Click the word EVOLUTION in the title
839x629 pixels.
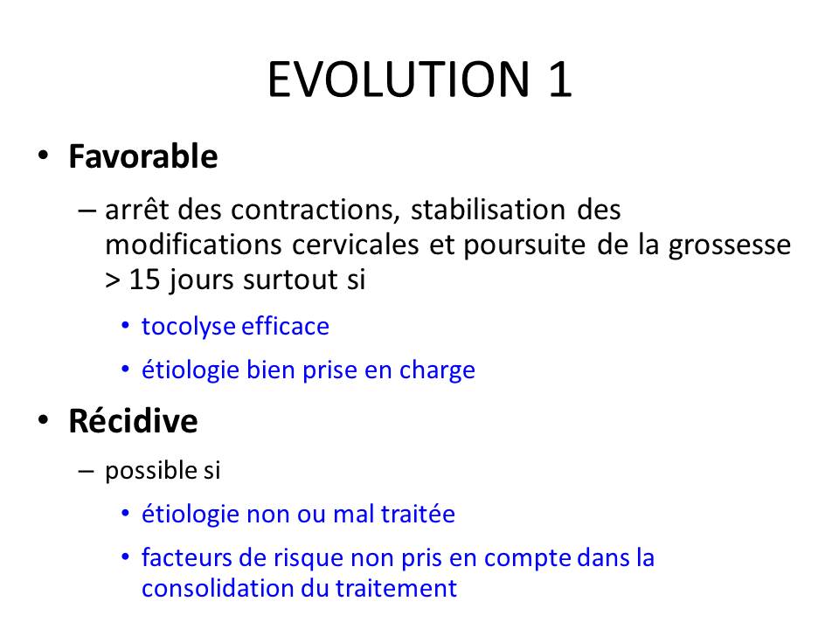click(x=399, y=79)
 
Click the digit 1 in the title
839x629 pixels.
click(x=560, y=79)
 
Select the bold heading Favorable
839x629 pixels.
click(x=142, y=156)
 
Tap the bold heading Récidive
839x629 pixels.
click(x=133, y=420)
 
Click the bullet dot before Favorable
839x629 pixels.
click(x=44, y=156)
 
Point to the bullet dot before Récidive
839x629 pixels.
click(x=44, y=420)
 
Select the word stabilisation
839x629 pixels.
click(x=488, y=209)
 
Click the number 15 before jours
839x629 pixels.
click(x=144, y=280)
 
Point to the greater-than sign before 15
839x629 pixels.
click(x=113, y=280)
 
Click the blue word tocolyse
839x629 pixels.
click(x=188, y=327)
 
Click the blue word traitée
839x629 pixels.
click(x=418, y=514)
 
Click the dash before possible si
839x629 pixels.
click(x=86, y=471)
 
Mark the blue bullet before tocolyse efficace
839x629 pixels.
click(x=125, y=325)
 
